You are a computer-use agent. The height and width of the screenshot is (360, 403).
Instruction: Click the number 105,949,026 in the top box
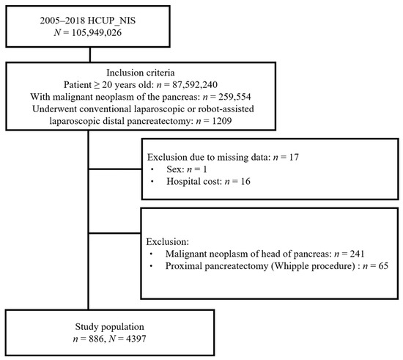(97, 33)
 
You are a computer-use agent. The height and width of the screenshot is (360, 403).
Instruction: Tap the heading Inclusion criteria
(141, 73)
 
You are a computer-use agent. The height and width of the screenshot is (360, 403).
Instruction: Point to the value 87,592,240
(195, 84)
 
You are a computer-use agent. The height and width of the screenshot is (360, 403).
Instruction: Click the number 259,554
(234, 97)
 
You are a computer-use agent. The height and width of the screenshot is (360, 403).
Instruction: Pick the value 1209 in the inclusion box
(222, 121)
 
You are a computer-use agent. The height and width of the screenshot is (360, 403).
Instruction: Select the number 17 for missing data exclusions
(294, 157)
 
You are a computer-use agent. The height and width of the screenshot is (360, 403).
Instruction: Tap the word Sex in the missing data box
(174, 169)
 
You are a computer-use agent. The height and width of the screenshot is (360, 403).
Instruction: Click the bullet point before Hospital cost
(152, 182)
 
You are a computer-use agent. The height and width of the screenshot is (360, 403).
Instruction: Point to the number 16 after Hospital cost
(245, 181)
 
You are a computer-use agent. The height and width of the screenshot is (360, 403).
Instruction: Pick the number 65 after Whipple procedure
(383, 266)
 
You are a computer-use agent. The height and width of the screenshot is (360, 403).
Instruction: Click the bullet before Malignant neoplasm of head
(152, 254)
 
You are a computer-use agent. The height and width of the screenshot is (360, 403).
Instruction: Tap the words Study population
(110, 326)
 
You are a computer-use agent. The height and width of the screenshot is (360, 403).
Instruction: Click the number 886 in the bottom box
(96, 339)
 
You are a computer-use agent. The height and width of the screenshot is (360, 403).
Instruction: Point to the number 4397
(136, 339)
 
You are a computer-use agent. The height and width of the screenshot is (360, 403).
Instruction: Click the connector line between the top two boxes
(90, 54)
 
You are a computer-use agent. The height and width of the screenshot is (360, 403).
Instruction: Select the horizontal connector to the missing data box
(115, 169)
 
